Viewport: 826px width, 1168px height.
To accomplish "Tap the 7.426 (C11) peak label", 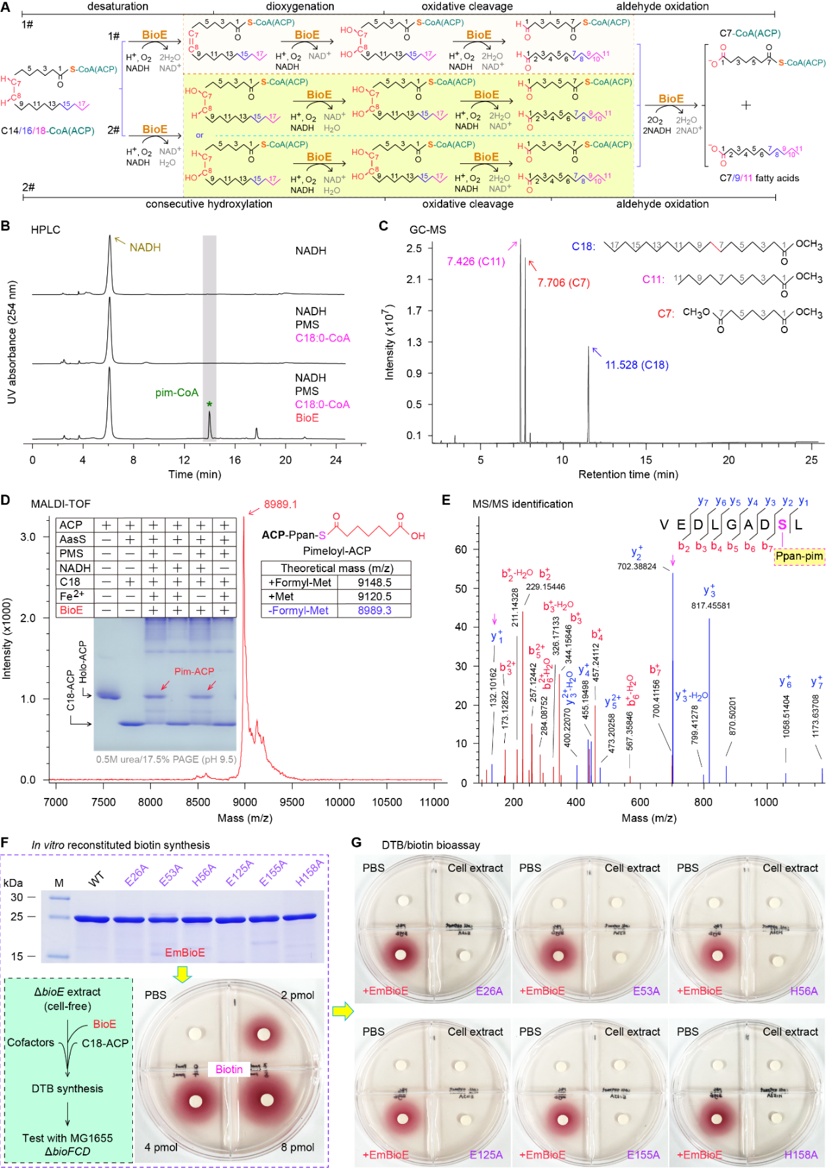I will [476, 261].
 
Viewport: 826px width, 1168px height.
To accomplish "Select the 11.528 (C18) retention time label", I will [636, 365].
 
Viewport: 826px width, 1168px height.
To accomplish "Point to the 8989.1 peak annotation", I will [280, 504].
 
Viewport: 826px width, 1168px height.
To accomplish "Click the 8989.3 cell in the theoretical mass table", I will [374, 610].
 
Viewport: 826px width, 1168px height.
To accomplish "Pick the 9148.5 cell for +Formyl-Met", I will [374, 582].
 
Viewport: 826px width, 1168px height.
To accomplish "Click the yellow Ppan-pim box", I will [799, 556].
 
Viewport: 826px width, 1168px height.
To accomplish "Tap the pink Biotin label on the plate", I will [229, 1069].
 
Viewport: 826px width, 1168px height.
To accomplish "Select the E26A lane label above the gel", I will [136, 875].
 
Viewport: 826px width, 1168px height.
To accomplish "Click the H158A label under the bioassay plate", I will [800, 1155].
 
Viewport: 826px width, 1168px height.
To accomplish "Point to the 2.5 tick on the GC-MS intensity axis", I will [414, 248].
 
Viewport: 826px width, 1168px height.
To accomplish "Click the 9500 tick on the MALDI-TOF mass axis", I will [292, 802].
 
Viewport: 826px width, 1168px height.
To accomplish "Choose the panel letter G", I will [356, 843].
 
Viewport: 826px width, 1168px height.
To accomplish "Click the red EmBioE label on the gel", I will [185, 953].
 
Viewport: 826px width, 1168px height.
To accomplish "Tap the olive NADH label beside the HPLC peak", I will [145, 248].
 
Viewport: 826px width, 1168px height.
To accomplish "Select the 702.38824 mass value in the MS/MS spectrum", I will [636, 566].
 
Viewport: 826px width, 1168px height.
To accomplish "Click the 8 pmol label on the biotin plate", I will [297, 1147].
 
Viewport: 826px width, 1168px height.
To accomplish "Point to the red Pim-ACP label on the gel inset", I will [194, 672].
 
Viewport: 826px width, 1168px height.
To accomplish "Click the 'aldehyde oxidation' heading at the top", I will [662, 7].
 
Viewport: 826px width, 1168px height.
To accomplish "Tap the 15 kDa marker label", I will [17, 956].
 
